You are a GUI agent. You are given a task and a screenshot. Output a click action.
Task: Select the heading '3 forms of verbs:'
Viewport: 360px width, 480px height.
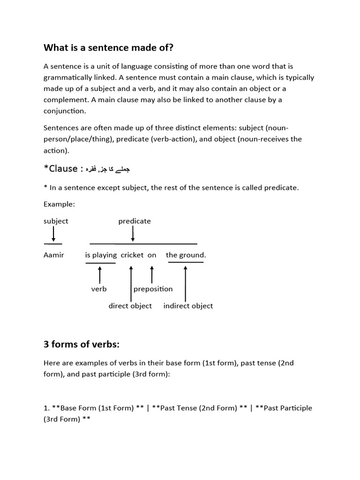82,345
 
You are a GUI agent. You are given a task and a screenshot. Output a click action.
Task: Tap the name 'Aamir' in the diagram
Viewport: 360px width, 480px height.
54,255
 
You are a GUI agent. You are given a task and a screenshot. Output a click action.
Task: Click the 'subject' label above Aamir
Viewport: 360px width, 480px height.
56,221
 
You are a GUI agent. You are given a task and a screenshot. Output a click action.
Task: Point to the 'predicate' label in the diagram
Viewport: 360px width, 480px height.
135,221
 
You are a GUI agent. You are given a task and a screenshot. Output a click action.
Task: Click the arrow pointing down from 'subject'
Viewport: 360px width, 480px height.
53,233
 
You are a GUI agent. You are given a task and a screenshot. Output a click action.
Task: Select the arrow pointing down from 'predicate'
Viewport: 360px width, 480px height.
133,233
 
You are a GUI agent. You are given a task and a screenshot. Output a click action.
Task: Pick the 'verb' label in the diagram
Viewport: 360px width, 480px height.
99,289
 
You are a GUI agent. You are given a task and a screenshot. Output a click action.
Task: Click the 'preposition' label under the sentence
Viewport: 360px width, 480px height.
153,289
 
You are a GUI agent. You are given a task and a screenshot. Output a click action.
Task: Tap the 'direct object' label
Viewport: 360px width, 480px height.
130,306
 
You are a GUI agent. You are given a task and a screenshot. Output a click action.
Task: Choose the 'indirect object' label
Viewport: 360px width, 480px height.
188,306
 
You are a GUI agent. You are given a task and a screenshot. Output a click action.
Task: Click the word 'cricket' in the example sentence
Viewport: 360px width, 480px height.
132,255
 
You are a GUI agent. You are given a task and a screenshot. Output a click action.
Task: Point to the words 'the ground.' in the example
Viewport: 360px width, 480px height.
186,255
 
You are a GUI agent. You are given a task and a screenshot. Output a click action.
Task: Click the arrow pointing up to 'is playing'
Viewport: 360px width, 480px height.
100,275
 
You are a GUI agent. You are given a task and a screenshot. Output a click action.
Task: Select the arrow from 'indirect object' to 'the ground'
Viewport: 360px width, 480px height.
186,284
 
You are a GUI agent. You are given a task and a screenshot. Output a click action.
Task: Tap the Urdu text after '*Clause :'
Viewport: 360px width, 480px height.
109,169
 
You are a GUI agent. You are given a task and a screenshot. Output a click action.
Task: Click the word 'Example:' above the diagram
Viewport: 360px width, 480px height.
59,204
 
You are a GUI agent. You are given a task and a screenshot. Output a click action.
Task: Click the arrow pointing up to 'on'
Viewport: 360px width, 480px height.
152,275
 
